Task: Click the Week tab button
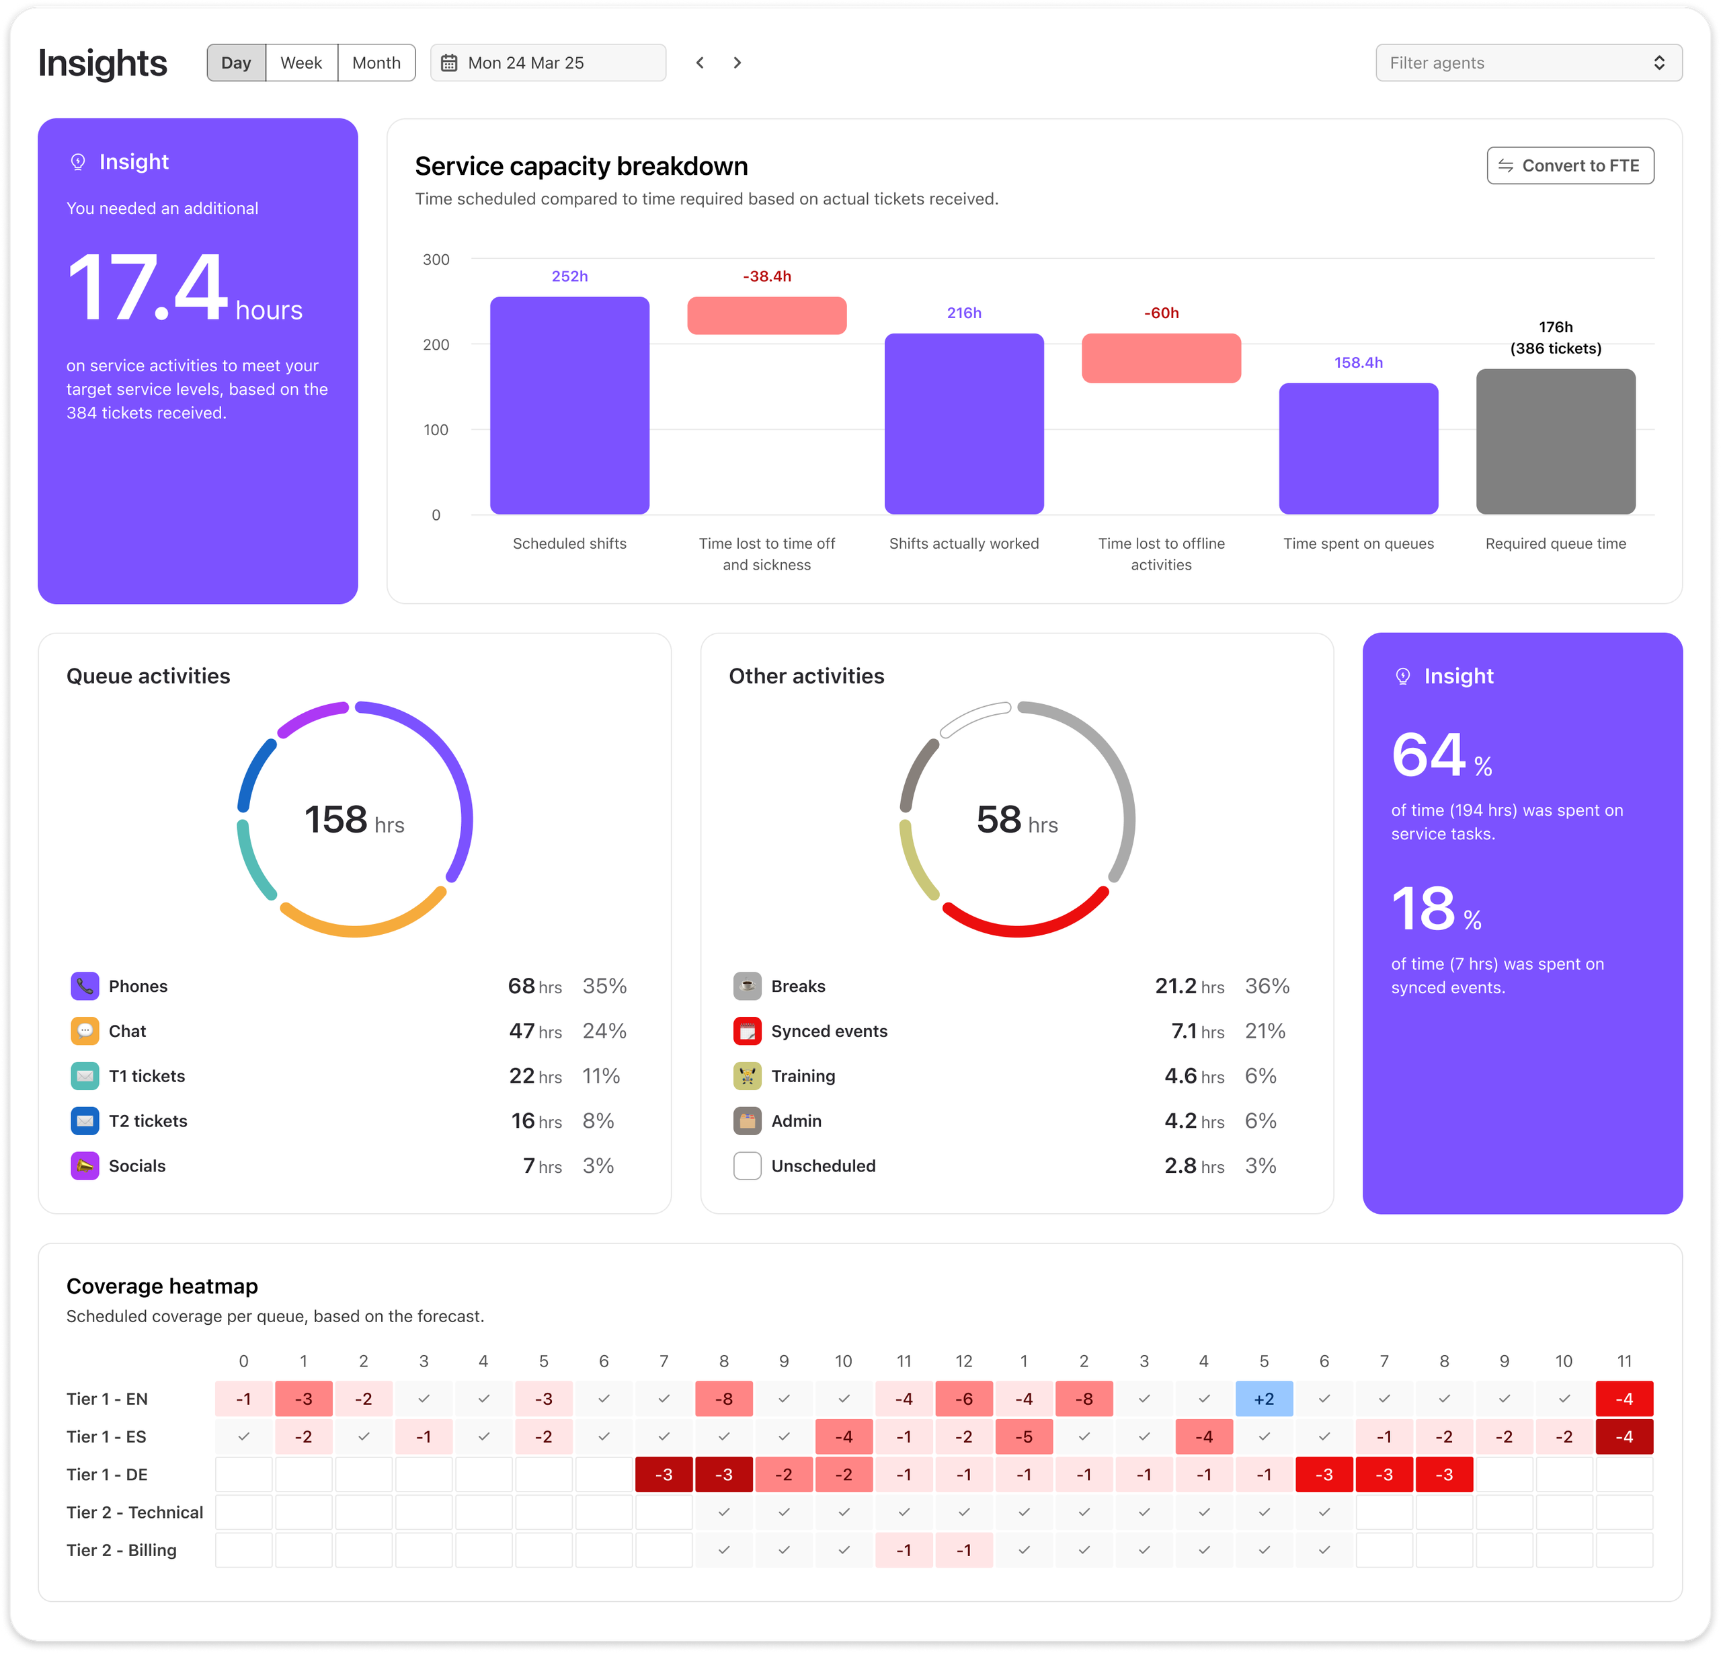click(301, 63)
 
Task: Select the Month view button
click(376, 63)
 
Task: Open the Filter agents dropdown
click(1528, 63)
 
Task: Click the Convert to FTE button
click(1570, 165)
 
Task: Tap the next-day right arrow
click(737, 63)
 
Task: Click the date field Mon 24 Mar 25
click(548, 63)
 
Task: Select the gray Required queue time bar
click(1555, 442)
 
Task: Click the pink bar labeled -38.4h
click(766, 315)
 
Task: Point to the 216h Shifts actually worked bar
click(963, 424)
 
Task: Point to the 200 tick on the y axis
click(436, 344)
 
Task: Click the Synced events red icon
click(746, 1030)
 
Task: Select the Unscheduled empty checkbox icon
click(746, 1165)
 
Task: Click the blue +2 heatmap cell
click(1264, 1398)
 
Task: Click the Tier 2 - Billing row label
click(121, 1549)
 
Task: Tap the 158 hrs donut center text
click(354, 820)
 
